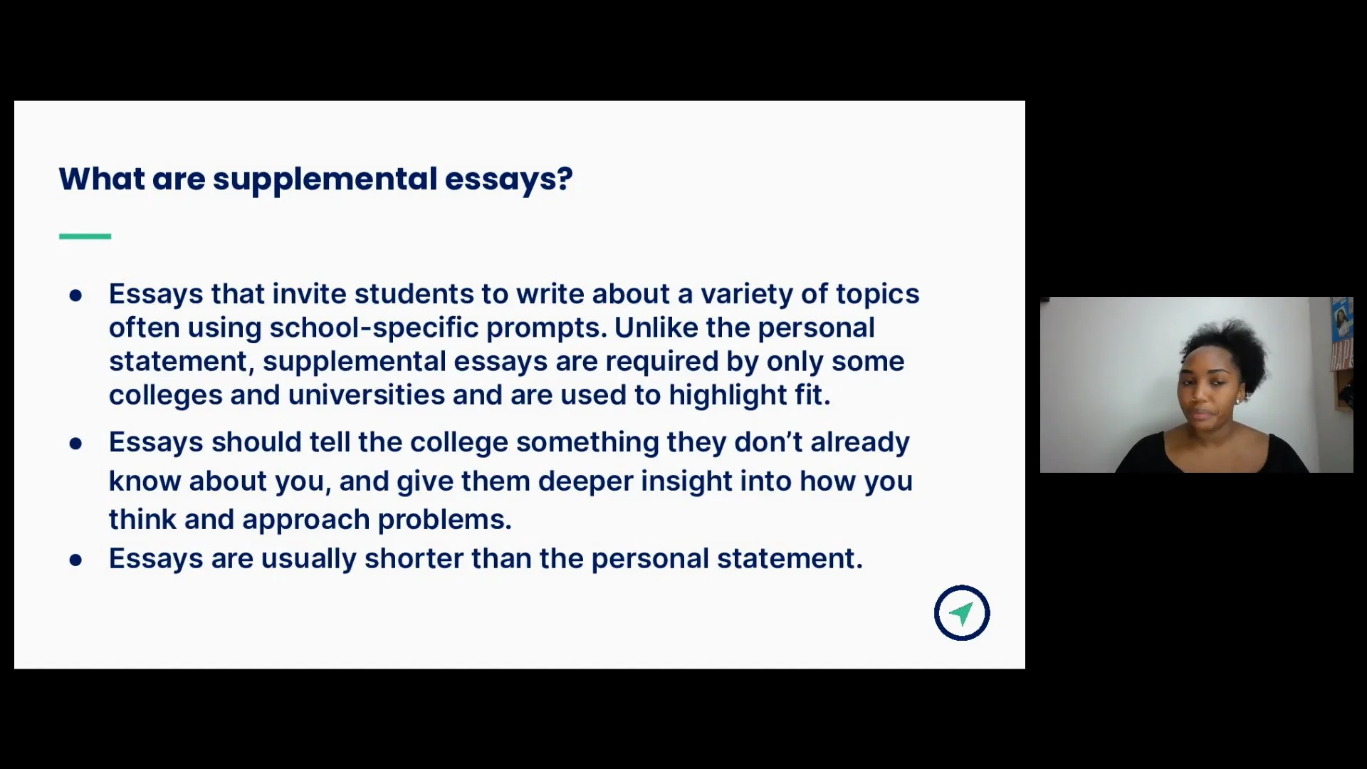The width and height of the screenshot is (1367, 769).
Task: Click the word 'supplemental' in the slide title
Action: click(325, 179)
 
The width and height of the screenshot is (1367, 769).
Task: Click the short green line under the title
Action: click(85, 236)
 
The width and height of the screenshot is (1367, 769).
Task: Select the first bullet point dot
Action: click(75, 295)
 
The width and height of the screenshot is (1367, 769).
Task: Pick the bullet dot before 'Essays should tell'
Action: click(75, 444)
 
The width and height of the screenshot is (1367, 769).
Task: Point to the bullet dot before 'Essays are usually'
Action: click(75, 560)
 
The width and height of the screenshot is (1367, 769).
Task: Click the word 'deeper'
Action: click(585, 481)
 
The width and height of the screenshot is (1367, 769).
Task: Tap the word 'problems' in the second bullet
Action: click(444, 520)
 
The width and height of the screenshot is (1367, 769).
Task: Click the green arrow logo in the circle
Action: click(961, 613)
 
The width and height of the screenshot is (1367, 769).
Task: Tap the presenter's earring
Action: click(1238, 401)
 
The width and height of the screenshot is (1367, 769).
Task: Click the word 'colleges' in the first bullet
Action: click(165, 395)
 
